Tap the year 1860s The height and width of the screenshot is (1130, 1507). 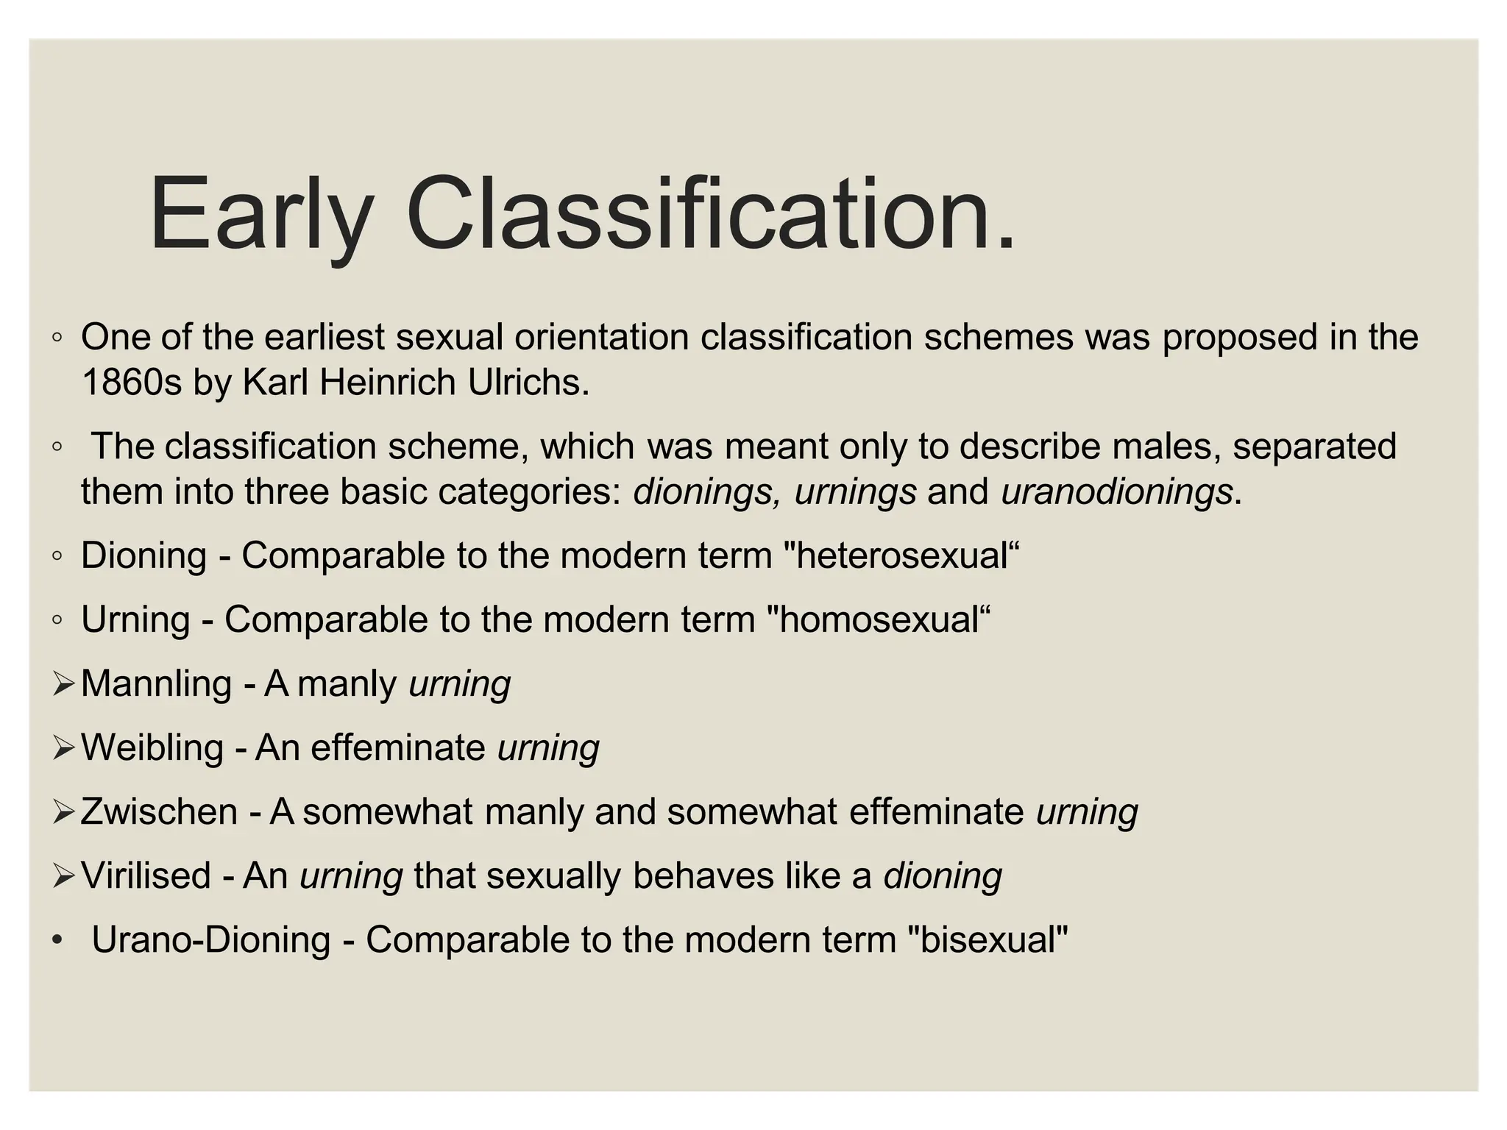(131, 383)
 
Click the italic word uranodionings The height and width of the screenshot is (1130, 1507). (1116, 491)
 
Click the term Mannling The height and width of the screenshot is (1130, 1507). (156, 683)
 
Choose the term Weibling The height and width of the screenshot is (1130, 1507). (152, 747)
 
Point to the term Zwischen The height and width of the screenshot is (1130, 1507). (159, 811)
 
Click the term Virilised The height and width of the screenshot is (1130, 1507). (146, 875)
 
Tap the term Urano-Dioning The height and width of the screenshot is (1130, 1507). (210, 939)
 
